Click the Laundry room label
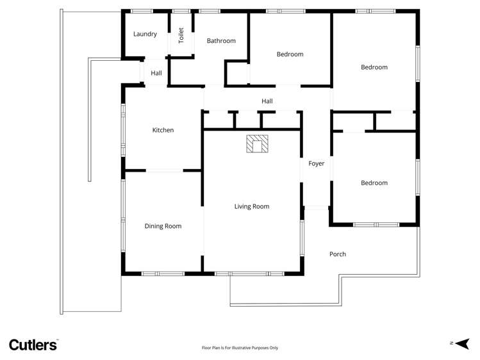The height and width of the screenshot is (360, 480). tap(145, 34)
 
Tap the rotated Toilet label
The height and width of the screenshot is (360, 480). tap(181, 35)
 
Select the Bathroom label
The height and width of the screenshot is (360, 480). tap(221, 41)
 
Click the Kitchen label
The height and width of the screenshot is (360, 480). tap(163, 130)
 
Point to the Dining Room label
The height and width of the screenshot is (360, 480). tap(163, 226)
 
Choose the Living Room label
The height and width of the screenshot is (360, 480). tap(251, 206)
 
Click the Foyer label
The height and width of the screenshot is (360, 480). tap(316, 164)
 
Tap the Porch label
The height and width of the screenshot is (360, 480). tap(338, 254)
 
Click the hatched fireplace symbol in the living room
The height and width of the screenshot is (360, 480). tap(257, 144)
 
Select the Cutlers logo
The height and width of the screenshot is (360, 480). tap(33, 345)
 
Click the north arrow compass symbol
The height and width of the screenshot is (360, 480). tap(461, 344)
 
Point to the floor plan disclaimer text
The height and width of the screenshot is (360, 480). tap(240, 348)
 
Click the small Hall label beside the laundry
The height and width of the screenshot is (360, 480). tap(156, 73)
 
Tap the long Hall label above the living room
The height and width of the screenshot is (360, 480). tap(267, 101)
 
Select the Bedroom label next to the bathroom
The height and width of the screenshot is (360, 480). tap(290, 54)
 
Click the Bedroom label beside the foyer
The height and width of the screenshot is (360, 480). tap(374, 183)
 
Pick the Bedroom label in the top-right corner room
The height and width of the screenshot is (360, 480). tap(374, 67)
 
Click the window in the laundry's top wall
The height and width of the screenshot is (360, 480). tap(142, 11)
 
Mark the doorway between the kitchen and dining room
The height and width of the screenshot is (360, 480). tap(165, 170)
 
